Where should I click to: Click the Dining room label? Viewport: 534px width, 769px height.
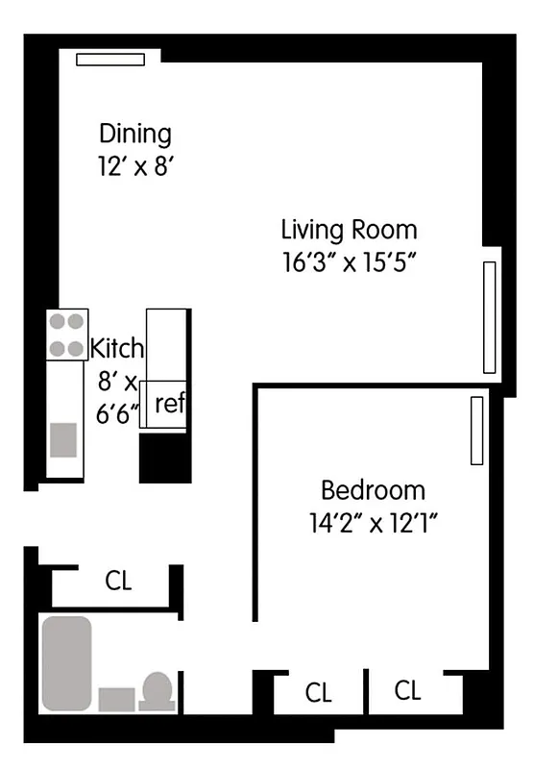[134, 134]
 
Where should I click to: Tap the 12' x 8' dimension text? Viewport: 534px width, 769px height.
[134, 166]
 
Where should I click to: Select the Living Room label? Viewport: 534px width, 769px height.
[349, 230]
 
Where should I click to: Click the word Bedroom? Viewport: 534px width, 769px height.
[373, 491]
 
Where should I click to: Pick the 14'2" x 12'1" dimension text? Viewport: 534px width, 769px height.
[374, 524]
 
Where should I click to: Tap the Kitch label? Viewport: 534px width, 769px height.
[116, 348]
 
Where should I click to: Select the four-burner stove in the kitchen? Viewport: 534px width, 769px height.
[67, 335]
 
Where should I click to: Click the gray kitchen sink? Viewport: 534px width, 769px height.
[64, 439]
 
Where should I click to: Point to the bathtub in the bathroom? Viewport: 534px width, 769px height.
[66, 663]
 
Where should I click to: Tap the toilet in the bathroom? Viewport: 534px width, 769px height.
[157, 691]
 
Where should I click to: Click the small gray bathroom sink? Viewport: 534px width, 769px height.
[116, 699]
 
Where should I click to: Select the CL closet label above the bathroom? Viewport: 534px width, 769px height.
[118, 582]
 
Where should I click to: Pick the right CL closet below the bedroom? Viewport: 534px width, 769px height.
[408, 690]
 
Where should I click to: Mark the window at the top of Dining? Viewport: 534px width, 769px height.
[110, 60]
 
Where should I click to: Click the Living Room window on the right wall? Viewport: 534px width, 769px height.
[490, 317]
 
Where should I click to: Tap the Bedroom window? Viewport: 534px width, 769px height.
[475, 431]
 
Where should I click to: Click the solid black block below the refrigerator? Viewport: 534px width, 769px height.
[164, 458]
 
